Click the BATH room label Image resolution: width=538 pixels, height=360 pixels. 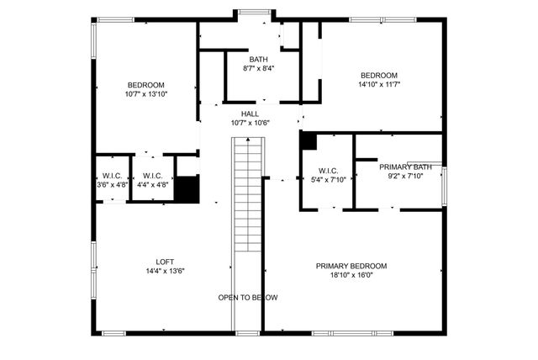point(258,59)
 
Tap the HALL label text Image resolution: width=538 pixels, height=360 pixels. point(250,114)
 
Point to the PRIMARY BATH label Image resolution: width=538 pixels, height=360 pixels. point(404,167)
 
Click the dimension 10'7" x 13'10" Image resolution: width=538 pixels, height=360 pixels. point(145,94)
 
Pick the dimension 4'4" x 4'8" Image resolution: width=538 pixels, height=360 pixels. point(152,185)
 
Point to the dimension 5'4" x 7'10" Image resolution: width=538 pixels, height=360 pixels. point(329,179)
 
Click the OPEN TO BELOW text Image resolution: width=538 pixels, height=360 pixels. point(247,298)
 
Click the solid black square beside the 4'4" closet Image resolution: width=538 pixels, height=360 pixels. point(187,189)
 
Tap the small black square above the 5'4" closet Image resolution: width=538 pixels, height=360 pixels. point(308,140)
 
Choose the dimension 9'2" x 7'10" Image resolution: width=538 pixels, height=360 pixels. point(404,177)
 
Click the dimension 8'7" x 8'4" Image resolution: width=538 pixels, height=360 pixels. point(258,68)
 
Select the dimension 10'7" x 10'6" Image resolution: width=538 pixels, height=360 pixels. point(250,123)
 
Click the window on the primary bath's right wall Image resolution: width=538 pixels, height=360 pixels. point(444,184)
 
